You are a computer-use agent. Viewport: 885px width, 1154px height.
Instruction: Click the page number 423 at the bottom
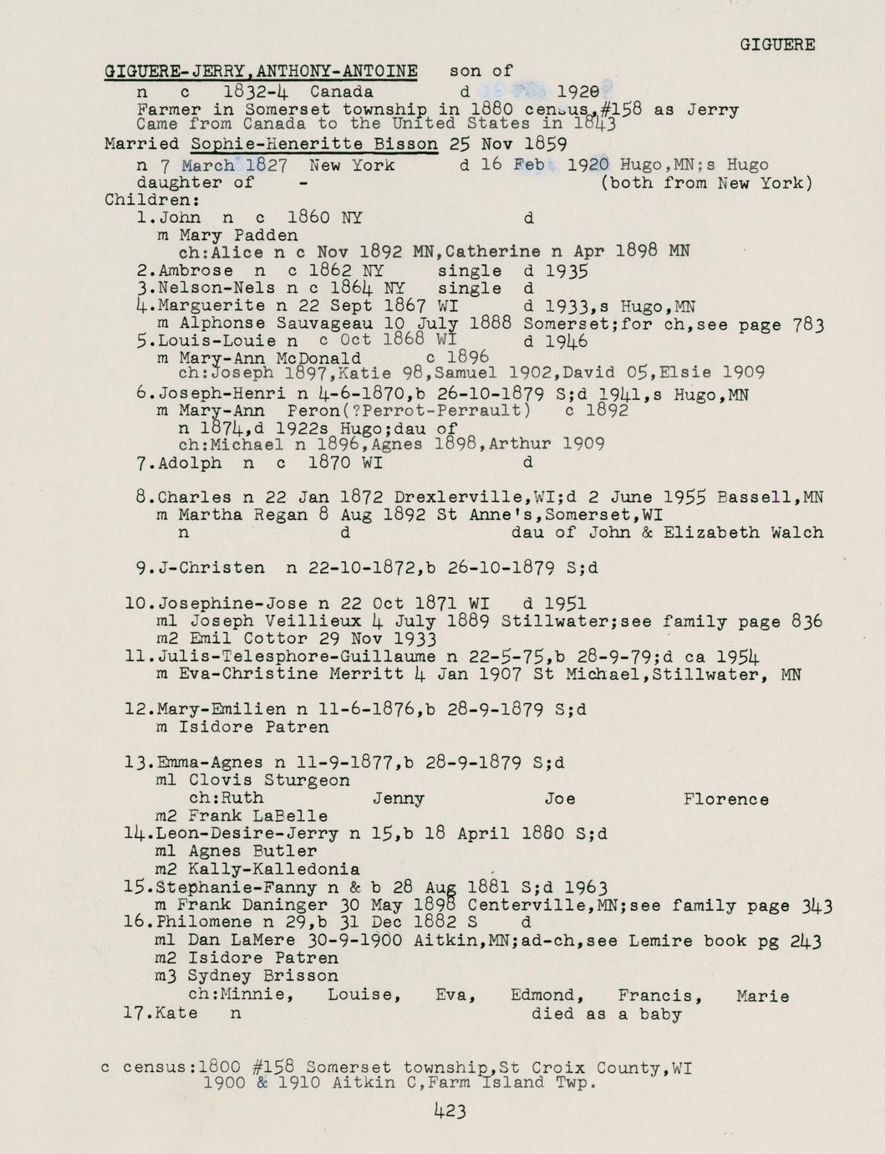[450, 1111]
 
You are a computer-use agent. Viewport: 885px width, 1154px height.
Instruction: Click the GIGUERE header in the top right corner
[777, 45]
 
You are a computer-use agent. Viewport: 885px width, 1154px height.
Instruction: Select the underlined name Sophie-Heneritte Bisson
[314, 144]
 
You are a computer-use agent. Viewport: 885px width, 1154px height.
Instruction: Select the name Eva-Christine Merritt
[260, 674]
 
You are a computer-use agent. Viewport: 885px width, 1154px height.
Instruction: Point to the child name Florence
[725, 799]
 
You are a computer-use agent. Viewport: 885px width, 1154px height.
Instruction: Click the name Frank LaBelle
[258, 816]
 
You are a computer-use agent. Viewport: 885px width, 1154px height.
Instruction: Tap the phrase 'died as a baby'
[606, 1014]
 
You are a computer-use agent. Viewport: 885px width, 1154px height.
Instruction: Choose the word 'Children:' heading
[140, 201]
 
